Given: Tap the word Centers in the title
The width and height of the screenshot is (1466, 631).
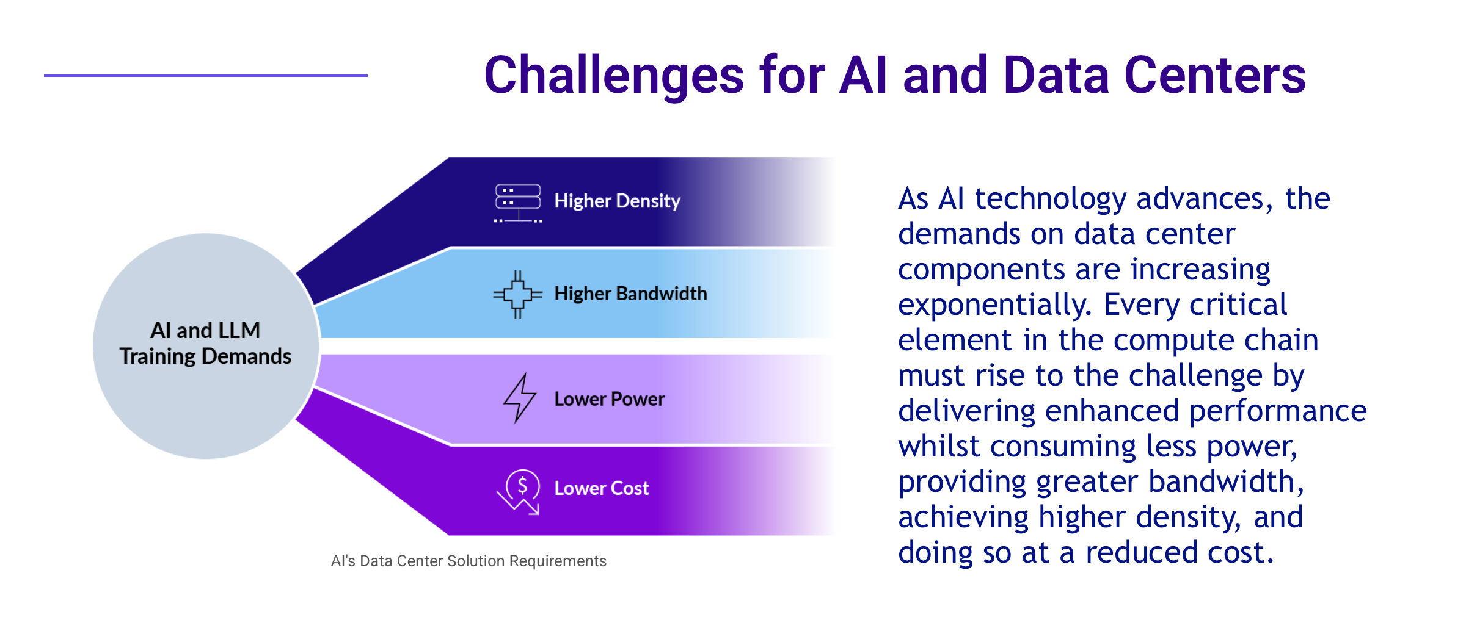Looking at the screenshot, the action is pos(1215,75).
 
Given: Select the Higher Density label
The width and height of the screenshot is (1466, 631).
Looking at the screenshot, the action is pos(617,201).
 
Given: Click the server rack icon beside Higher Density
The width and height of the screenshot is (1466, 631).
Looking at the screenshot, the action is pos(518,203).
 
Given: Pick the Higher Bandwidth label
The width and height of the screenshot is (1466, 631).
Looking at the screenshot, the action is pos(630,294).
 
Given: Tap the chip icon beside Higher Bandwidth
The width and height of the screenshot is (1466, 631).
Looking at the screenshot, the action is pos(518,294).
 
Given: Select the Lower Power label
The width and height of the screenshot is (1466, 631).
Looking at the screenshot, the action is pos(609,399).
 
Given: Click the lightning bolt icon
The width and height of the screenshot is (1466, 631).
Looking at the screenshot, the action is pos(519,398).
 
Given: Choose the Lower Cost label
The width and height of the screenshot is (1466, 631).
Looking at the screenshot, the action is pos(601,488).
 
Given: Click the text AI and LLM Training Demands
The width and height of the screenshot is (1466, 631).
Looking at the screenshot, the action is pos(205,344).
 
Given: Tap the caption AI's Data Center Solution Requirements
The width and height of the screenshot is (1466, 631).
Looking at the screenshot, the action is pos(469,561).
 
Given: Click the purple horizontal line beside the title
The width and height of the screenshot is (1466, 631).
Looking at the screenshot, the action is pos(206,76).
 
